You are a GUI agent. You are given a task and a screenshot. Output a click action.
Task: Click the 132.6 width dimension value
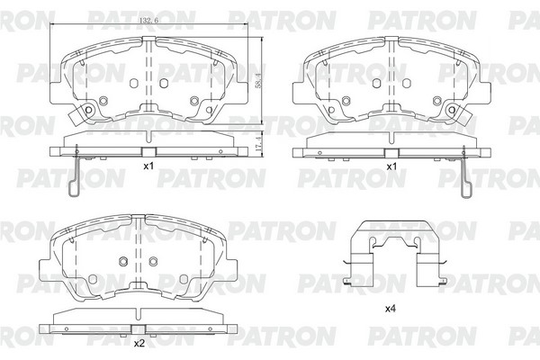(148, 21)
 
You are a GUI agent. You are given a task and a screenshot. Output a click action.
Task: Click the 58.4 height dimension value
(258, 80)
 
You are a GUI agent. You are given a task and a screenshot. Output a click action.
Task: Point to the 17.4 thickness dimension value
(258, 142)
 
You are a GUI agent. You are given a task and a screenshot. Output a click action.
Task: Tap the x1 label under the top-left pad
(148, 166)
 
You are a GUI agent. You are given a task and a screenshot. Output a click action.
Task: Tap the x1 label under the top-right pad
(391, 166)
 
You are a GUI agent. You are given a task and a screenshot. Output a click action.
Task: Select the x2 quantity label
(139, 344)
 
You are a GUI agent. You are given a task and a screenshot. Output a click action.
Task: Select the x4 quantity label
(391, 309)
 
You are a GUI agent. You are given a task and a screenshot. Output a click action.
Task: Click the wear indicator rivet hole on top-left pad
(88, 110)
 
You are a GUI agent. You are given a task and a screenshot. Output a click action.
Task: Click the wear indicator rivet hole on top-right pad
(452, 110)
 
